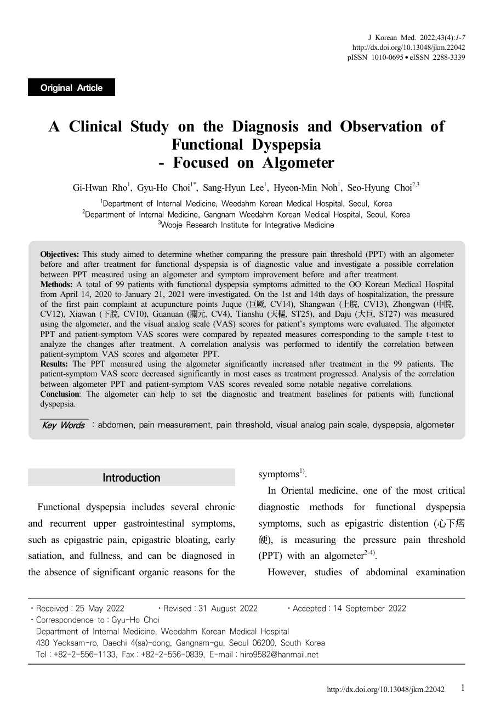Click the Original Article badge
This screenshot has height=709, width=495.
tap(71, 88)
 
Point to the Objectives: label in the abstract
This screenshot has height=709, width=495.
tap(60, 254)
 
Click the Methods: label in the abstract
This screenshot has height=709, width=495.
tap(57, 284)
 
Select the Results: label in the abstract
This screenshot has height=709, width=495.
tap(55, 364)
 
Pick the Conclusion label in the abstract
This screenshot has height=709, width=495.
tap(60, 394)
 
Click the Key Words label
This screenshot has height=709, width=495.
tap(63, 425)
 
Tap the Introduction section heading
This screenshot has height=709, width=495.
tap(132, 478)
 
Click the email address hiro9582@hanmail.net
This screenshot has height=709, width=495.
tap(279, 654)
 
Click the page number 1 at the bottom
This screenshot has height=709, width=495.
tap(463, 688)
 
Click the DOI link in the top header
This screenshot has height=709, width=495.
tap(408, 48)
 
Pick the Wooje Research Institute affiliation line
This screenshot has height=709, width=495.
tap(246, 225)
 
